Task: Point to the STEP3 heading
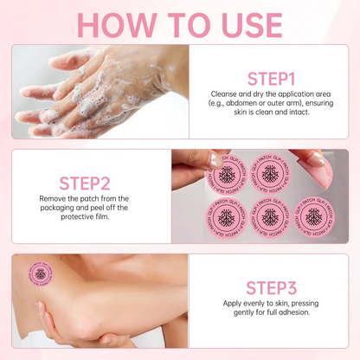click(x=273, y=287)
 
